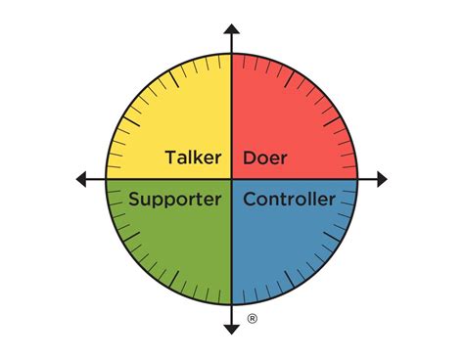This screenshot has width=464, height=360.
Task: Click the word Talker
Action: (193, 158)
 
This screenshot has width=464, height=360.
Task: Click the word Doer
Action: (264, 158)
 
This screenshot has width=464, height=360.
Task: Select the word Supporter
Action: (174, 201)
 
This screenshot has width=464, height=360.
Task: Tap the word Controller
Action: (289, 200)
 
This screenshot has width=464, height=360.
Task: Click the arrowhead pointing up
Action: (232, 30)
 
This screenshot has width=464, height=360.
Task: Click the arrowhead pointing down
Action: (232, 327)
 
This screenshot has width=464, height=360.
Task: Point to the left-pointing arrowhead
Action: (82, 179)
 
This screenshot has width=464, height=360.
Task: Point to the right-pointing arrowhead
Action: (381, 179)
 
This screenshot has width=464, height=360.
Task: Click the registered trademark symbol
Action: (253, 319)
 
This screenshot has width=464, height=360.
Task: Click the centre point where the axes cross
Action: (232, 179)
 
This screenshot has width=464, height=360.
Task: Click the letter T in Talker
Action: (170, 158)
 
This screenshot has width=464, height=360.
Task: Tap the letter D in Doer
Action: (249, 158)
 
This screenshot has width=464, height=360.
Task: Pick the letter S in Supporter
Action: (134, 200)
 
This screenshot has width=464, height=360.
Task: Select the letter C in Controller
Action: (249, 200)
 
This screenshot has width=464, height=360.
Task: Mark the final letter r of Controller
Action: (332, 201)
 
